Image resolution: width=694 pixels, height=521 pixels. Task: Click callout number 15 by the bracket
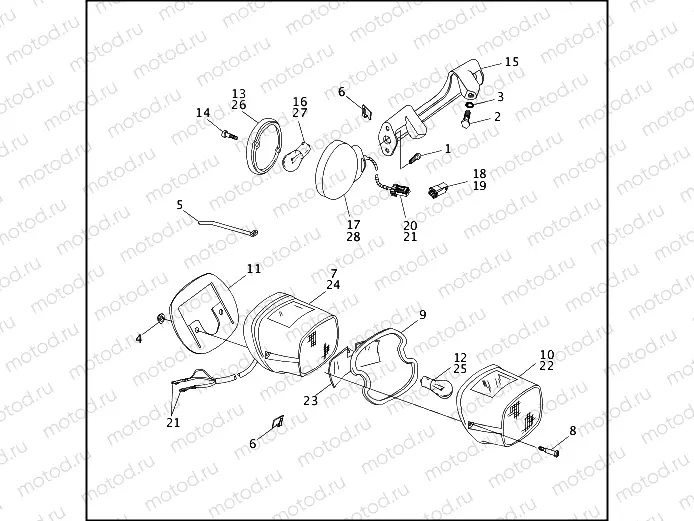tap(511, 61)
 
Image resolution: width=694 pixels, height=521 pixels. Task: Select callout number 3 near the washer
tap(499, 97)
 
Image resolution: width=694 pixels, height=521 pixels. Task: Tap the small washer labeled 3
tap(471, 101)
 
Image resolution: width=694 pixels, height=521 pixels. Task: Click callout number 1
tap(447, 148)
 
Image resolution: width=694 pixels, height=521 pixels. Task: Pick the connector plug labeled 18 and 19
tap(436, 189)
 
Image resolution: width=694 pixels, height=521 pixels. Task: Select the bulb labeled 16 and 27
tap(296, 160)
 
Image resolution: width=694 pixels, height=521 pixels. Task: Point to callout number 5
tap(180, 205)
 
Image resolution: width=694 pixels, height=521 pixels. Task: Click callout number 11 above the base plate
tap(253, 269)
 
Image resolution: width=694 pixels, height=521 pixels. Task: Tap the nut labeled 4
tap(160, 319)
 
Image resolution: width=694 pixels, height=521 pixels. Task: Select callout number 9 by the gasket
tap(422, 314)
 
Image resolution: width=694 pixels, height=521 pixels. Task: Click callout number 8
tap(572, 431)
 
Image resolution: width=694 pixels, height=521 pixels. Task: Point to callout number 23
tap(311, 400)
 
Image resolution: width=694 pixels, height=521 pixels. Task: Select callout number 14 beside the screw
tap(203, 113)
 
